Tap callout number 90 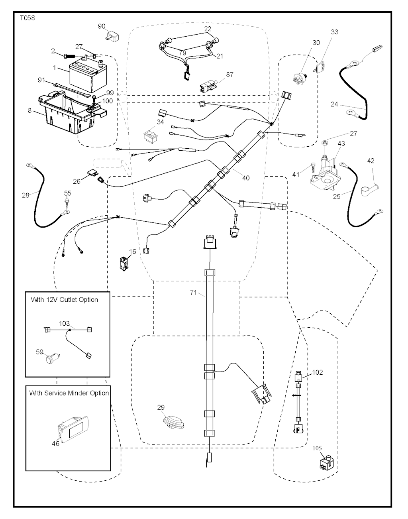click(102, 26)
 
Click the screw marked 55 click(68, 203)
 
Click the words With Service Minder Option click(69, 393)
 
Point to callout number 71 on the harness click(193, 293)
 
